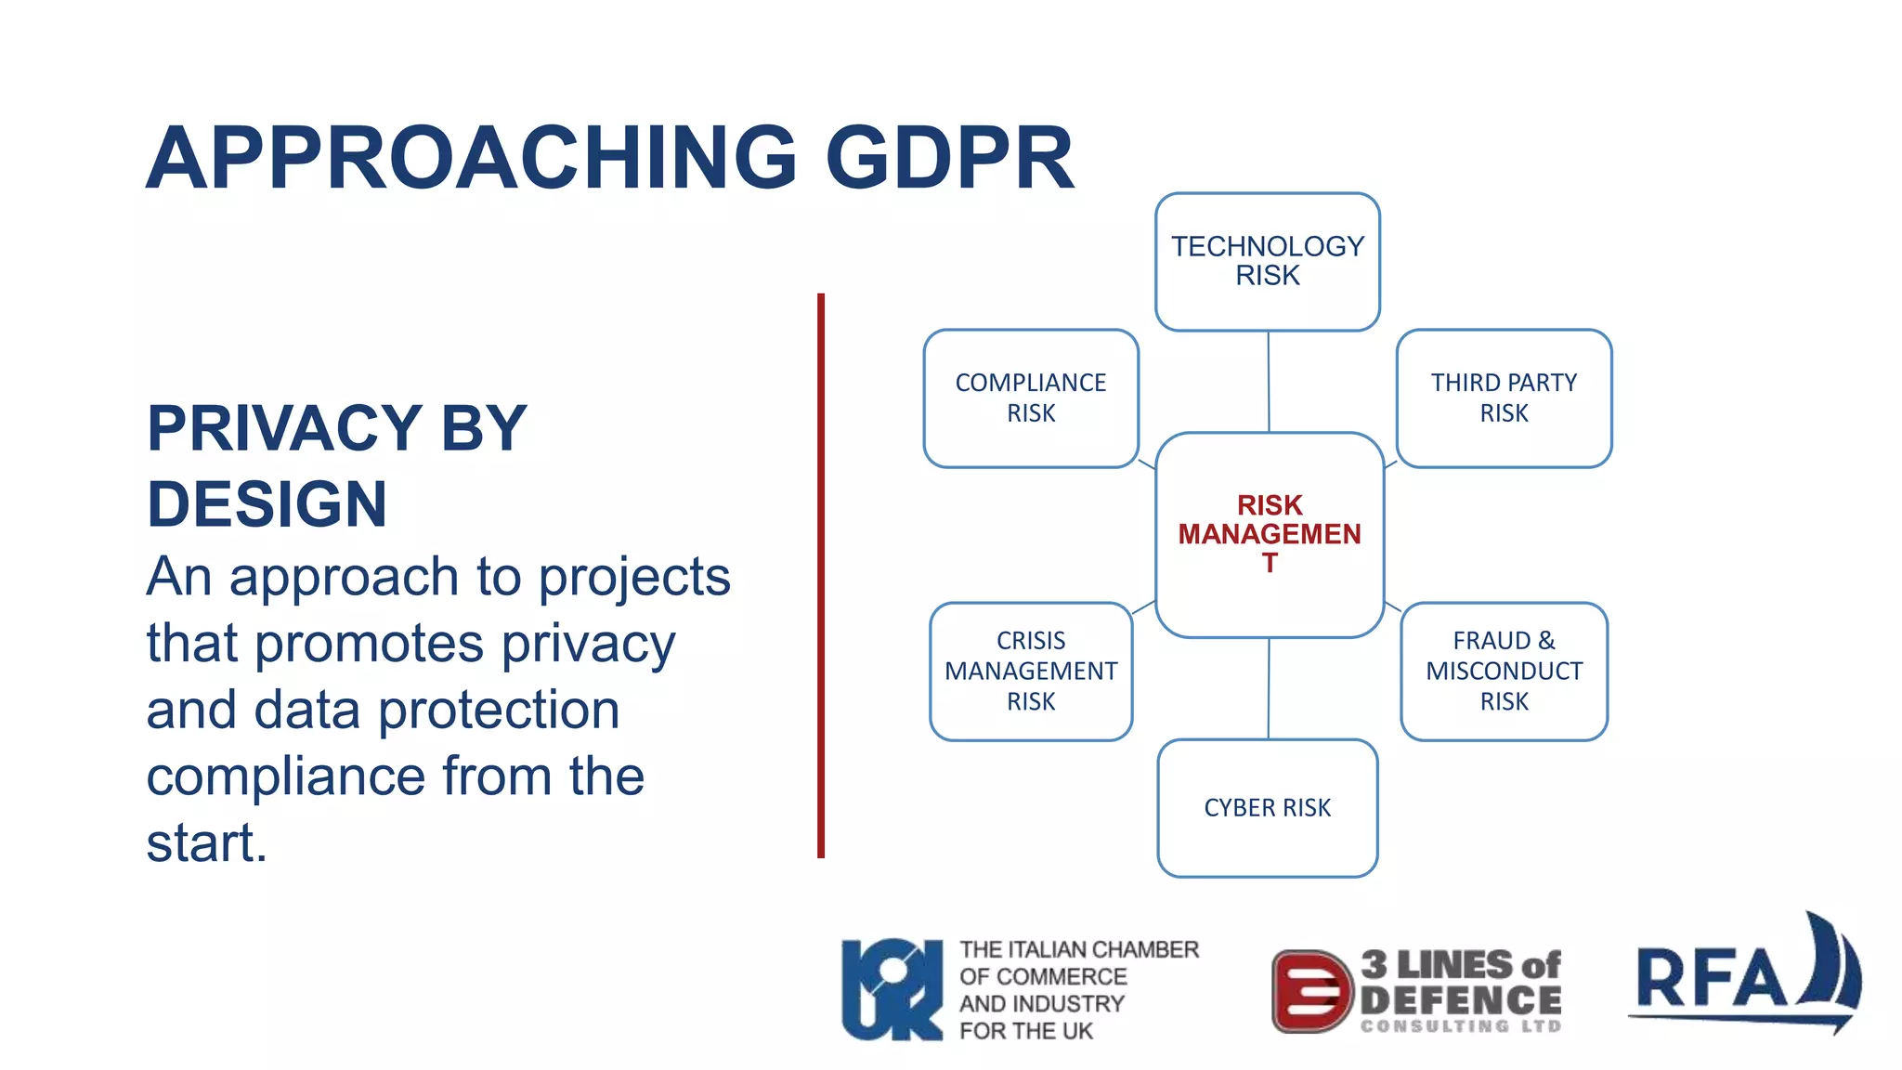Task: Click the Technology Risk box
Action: [x=1267, y=261]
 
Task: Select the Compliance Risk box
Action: [x=1031, y=398]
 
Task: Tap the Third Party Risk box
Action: [x=1504, y=398]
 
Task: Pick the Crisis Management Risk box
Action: [x=1031, y=671]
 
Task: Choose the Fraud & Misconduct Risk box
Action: [x=1504, y=671]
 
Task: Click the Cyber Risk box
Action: [x=1267, y=807]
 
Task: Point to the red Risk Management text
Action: [x=1270, y=534]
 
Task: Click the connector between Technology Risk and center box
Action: [x=1269, y=381]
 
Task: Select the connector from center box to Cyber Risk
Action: [x=1269, y=688]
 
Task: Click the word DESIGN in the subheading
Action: [x=267, y=504]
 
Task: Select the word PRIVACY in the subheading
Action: [x=284, y=428]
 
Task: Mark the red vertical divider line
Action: [x=821, y=576]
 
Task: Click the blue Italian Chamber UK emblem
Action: [x=891, y=989]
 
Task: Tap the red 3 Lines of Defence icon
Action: [x=1310, y=991]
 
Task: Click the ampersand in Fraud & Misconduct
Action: [x=1545, y=640]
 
